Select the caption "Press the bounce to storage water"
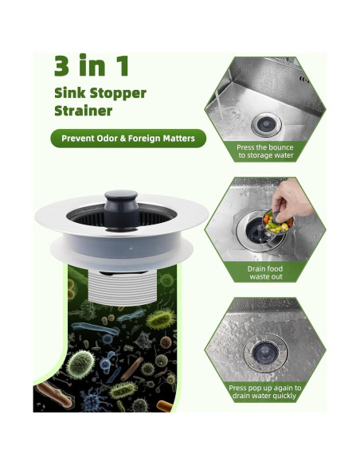tap(265, 151)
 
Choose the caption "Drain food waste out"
tap(265, 273)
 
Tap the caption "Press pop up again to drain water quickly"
tap(265, 392)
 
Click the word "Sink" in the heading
tap(69, 92)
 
